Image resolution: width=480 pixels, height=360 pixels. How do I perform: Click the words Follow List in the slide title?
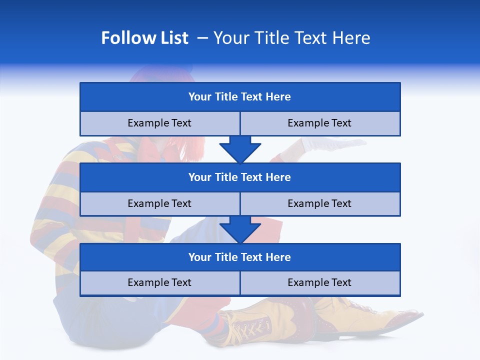tap(145, 38)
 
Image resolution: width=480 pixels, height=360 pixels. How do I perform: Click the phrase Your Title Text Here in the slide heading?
tap(291, 38)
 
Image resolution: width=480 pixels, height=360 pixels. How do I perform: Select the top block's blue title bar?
tap(240, 97)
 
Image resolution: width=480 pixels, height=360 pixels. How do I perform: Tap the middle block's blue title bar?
tap(240, 177)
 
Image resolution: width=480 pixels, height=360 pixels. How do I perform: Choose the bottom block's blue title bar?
tap(240, 257)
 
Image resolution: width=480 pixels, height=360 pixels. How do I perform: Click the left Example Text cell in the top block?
tap(159, 123)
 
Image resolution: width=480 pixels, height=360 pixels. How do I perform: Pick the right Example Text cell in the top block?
tap(319, 123)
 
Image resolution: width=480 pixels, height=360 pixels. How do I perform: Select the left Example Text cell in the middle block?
tap(159, 203)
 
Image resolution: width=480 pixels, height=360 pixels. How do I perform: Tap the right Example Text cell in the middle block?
tap(319, 203)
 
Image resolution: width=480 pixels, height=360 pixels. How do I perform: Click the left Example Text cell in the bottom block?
tap(159, 282)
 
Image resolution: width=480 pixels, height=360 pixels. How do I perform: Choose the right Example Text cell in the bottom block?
tap(319, 282)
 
